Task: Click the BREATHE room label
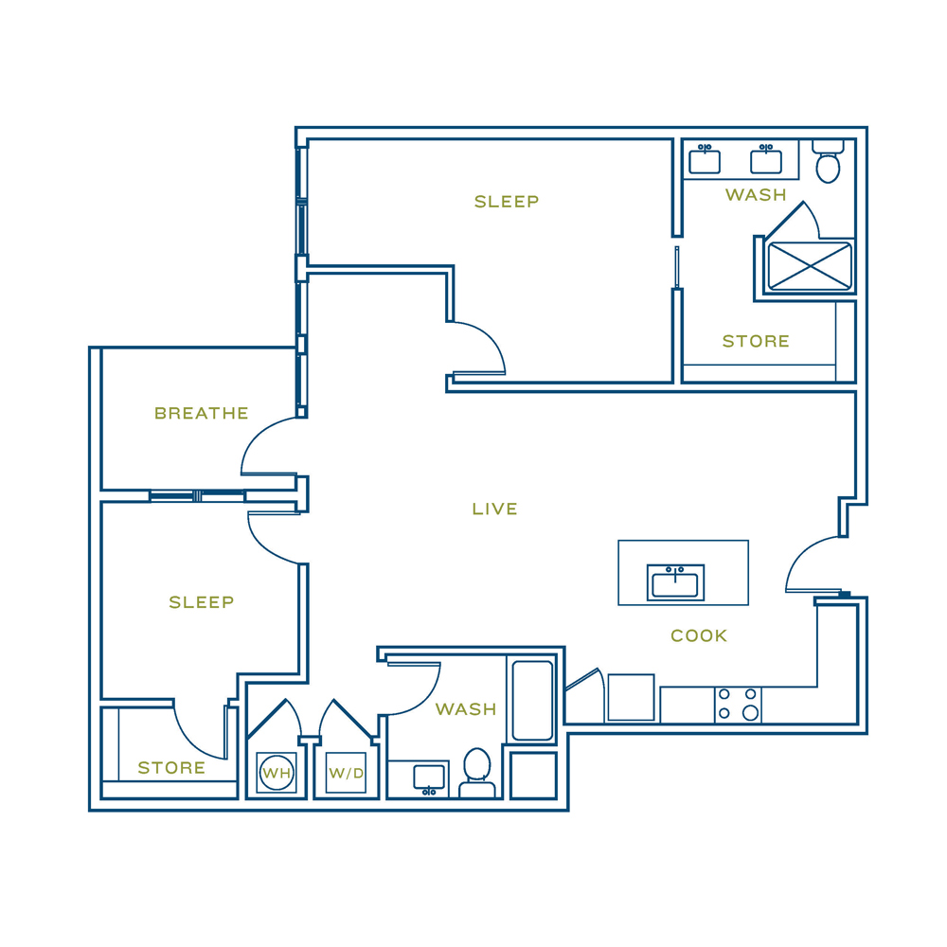tap(201, 413)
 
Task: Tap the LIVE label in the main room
tap(494, 509)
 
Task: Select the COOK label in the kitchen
tap(699, 635)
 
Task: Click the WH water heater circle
tap(277, 773)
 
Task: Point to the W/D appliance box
tap(346, 773)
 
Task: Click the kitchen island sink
tap(675, 582)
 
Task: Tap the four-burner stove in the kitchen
tap(738, 705)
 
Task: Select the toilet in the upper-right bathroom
tap(828, 161)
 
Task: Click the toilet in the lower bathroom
tap(477, 774)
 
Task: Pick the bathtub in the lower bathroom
tap(532, 701)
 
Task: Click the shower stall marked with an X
tap(810, 266)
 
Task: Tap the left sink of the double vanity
tap(705, 159)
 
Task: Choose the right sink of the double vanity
tap(766, 159)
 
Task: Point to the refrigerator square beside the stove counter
tap(631, 698)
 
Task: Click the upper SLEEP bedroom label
tap(507, 202)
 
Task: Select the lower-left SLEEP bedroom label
tap(201, 602)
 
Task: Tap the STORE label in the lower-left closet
tap(171, 768)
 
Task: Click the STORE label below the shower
tap(756, 341)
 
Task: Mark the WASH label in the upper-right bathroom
tap(756, 194)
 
